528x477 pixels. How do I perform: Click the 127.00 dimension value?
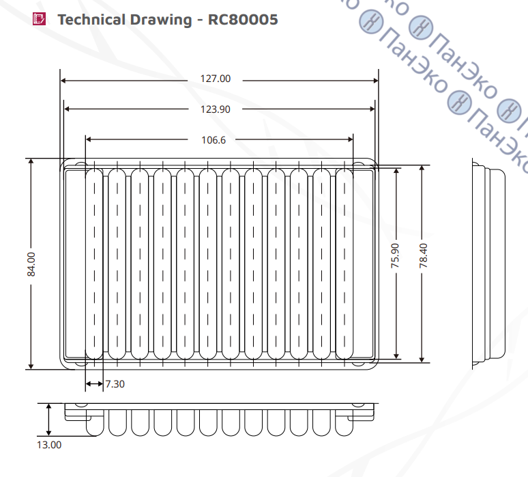(x=216, y=79)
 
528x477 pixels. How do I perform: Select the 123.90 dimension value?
(x=216, y=109)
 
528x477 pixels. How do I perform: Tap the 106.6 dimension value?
(x=214, y=140)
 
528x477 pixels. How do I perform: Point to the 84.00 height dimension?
(x=31, y=264)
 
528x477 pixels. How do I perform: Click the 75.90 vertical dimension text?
(x=395, y=256)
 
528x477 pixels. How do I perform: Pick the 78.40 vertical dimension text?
(x=423, y=256)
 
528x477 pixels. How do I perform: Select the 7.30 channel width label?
(x=115, y=384)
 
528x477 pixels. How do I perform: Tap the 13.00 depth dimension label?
(x=49, y=445)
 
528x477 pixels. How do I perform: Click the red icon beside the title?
(x=39, y=19)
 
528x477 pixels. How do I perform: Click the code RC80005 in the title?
(x=243, y=20)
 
